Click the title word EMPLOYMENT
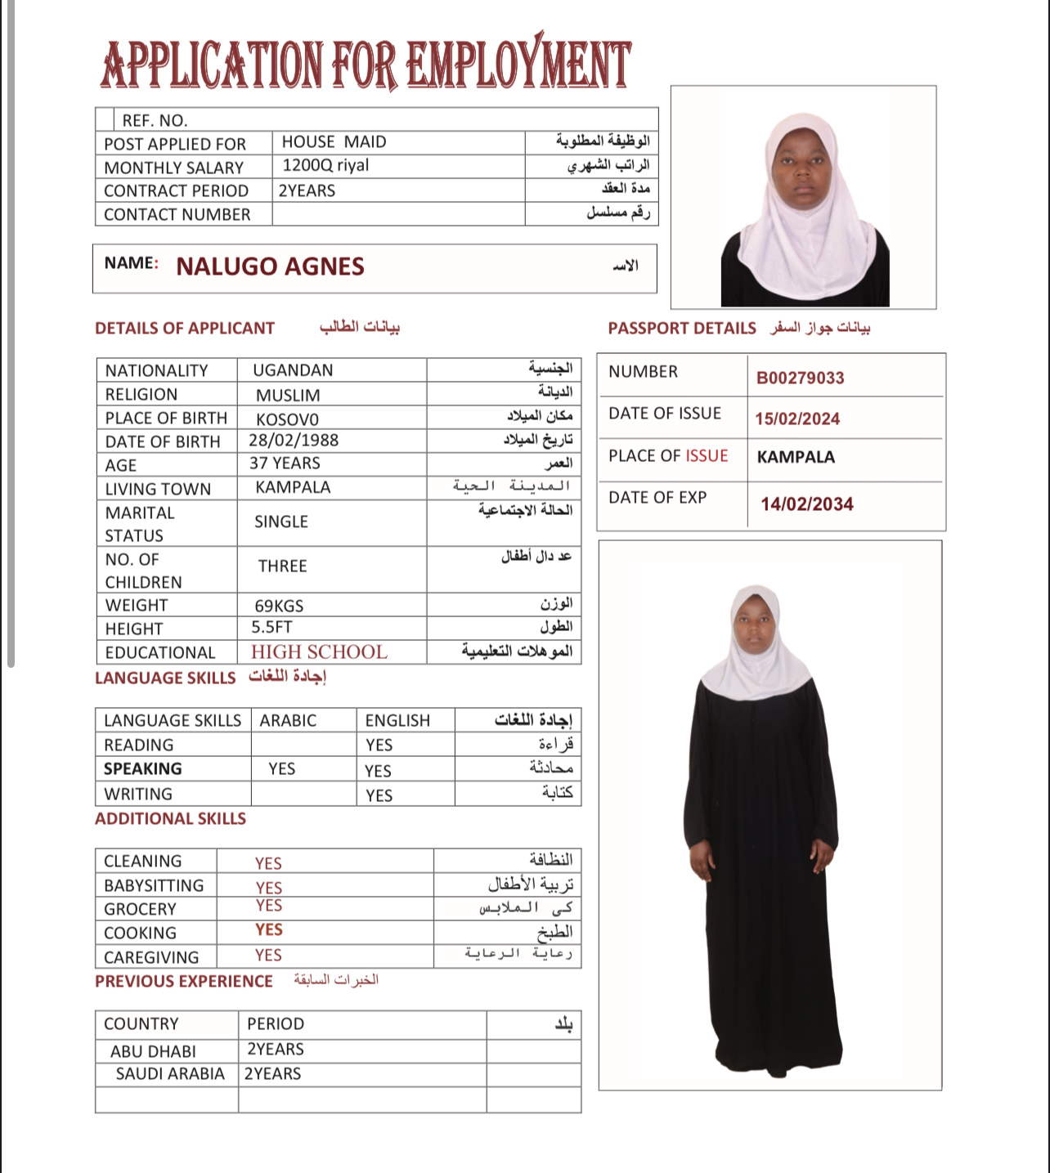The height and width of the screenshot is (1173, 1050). pos(518,64)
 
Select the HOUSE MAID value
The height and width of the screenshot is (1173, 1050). pos(334,142)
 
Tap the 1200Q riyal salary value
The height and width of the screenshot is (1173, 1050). pos(325,166)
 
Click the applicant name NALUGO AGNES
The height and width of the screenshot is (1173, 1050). pos(270,266)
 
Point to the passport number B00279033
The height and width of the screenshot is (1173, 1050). pos(800,378)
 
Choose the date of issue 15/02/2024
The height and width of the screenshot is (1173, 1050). pos(797,419)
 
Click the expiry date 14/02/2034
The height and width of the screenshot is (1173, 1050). pos(806,504)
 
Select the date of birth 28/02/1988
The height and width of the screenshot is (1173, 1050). pos(294,441)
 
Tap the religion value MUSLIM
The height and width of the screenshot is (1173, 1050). pos(288,396)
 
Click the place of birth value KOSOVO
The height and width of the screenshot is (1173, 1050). pos(287,419)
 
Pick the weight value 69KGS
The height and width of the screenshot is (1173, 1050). pos(279,607)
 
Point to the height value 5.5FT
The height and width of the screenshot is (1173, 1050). pos(271,628)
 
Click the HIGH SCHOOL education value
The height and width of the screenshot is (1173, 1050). pos(319,652)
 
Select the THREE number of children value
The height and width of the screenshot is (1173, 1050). pos(282,566)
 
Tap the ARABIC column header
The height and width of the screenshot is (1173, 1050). pos(288,721)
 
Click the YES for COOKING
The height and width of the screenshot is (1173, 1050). pos(268,930)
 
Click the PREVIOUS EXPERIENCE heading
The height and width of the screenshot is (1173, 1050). pos(184,982)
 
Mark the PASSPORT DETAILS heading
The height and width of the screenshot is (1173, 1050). pos(682,329)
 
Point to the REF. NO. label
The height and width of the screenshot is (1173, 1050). pos(155,121)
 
